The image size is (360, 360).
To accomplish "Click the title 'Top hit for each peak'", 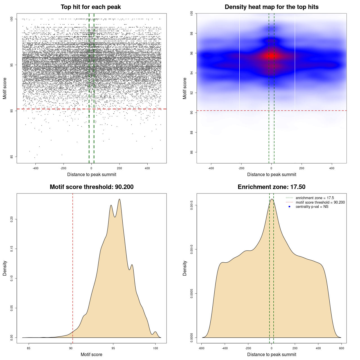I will tap(91, 7).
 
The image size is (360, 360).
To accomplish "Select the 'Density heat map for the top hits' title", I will tap(271, 7).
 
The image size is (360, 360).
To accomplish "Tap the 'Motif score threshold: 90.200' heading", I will tap(91, 187).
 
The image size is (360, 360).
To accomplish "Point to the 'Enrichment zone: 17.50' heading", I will tap(271, 187).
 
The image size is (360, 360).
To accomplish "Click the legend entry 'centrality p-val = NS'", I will tap(312, 207).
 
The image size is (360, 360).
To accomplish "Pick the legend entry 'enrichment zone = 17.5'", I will tap(315, 198).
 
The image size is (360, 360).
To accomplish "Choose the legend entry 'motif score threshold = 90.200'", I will tap(320, 202).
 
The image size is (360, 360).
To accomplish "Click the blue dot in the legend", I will tap(289, 207).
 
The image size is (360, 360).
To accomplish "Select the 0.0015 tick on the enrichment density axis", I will tap(192, 205).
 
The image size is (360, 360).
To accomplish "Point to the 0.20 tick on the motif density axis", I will tap(12, 219).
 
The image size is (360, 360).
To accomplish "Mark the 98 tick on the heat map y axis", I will tap(192, 33).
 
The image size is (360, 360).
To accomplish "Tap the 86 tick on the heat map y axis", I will tap(192, 152).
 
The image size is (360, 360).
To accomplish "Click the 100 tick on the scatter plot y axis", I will tap(12, 19).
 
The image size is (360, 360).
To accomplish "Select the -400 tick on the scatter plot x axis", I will tap(35, 168).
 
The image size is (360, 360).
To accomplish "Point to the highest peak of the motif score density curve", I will tap(120, 199).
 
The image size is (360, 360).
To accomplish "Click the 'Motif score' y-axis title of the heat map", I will tap(185, 88).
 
